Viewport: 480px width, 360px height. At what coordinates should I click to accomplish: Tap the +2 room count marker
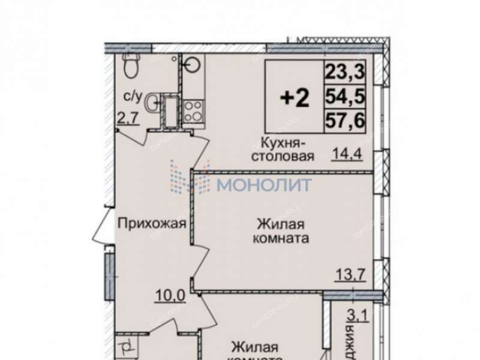click(x=295, y=97)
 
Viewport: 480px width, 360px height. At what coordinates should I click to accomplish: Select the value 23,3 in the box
click(x=344, y=73)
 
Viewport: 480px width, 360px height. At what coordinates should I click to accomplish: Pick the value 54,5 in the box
click(x=344, y=96)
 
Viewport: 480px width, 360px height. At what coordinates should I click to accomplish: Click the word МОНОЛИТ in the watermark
click(x=264, y=184)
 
